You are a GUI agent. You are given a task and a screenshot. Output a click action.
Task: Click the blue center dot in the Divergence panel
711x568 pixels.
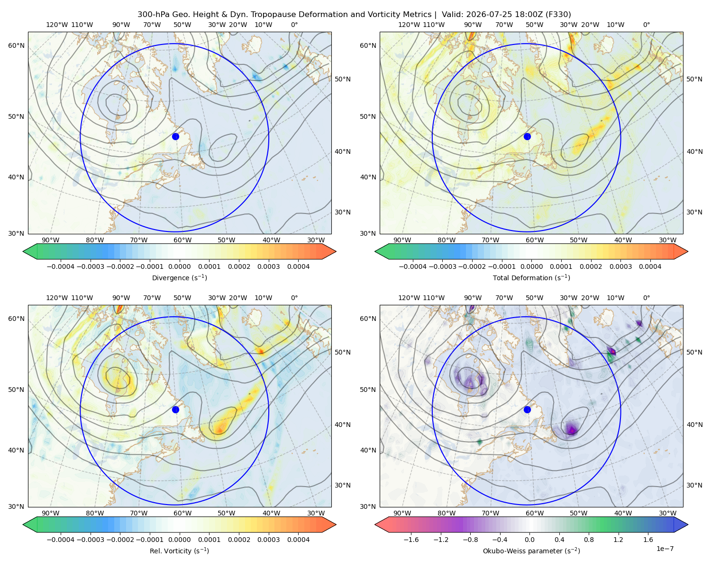coord(175,136)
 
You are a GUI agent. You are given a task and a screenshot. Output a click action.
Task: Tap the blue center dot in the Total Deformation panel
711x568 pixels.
coord(527,136)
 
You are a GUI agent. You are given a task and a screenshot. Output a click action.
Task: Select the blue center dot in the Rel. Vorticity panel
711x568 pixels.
coord(175,409)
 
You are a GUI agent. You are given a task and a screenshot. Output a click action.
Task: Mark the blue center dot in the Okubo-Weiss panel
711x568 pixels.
coord(527,409)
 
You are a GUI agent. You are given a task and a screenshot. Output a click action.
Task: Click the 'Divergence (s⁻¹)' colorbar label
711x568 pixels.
coord(179,277)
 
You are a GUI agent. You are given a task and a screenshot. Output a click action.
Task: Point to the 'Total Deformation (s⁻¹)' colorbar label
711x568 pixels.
coord(531,277)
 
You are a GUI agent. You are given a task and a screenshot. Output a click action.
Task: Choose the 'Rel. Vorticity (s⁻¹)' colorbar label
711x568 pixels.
coord(179,550)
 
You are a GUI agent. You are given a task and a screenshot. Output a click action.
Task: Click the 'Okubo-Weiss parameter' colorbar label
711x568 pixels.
coord(531,550)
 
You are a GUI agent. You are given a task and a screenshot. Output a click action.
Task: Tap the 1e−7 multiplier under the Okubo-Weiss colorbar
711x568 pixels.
coord(665,549)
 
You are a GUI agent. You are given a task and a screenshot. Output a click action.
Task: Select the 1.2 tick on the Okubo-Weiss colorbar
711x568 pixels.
coord(618,539)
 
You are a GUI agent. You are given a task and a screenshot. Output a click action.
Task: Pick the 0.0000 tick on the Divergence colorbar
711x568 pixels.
coord(179,266)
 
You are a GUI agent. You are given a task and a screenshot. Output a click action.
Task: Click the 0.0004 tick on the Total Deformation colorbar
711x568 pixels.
coord(650,266)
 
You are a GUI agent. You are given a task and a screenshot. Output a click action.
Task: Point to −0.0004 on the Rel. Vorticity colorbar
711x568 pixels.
coord(61,539)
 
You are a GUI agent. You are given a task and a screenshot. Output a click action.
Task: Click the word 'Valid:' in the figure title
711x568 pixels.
coord(452,14)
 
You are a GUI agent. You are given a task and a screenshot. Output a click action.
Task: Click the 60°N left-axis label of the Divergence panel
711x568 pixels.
coord(16,45)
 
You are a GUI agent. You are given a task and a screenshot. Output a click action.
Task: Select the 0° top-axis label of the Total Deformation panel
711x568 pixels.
coord(646,25)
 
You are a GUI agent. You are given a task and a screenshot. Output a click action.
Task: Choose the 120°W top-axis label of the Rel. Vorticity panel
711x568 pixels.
coord(57,297)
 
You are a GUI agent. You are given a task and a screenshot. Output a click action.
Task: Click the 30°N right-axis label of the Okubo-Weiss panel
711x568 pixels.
coord(694,485)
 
